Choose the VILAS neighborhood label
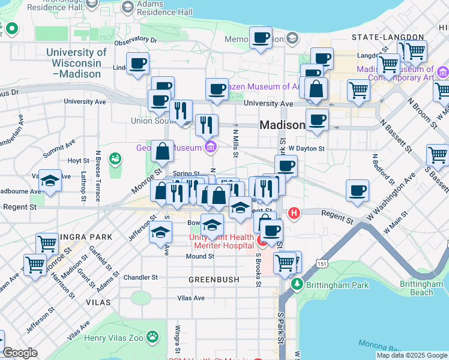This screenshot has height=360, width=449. tap(98, 303)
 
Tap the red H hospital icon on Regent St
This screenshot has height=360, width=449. tap(294, 212)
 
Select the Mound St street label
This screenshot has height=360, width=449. tap(200, 256)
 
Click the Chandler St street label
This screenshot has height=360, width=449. tap(140, 277)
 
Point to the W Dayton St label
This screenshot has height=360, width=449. tap(306, 148)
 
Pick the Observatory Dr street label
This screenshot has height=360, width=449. tap(135, 40)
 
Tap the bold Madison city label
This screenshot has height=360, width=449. tap(282, 125)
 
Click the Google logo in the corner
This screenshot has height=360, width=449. tap(20, 352)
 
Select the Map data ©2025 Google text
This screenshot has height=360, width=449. tap(411, 355)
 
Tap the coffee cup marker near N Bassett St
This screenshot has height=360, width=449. tap(357, 191)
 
